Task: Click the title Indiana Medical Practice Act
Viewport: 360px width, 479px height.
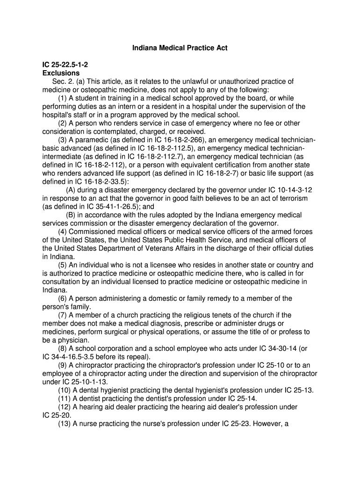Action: tap(180, 48)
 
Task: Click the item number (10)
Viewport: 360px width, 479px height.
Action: tap(65, 390)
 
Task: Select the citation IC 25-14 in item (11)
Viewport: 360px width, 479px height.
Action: tap(242, 399)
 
